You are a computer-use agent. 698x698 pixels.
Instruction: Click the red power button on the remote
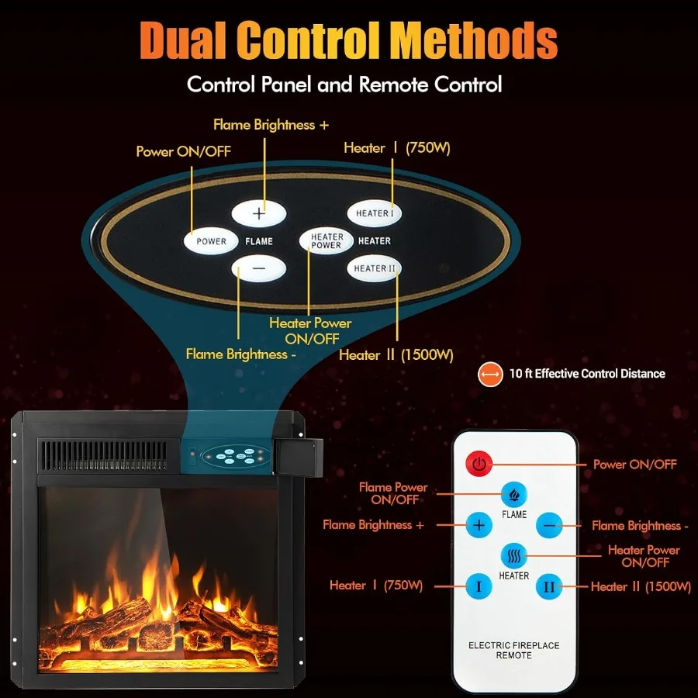pyautogui.click(x=479, y=465)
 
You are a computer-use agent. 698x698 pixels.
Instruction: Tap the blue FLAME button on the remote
pyautogui.click(x=513, y=493)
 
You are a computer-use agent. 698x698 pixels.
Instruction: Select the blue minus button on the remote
pyautogui.click(x=550, y=525)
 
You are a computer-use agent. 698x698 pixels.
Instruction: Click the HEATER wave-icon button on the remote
pyautogui.click(x=513, y=555)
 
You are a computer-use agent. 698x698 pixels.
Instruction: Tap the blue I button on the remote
pyautogui.click(x=479, y=586)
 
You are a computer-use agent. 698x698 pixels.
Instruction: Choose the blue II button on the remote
pyautogui.click(x=549, y=586)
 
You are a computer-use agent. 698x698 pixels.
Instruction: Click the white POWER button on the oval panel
pyautogui.click(x=211, y=241)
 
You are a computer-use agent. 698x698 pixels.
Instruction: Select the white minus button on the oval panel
pyautogui.click(x=259, y=268)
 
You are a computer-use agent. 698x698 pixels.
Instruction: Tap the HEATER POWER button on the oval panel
pyautogui.click(x=327, y=241)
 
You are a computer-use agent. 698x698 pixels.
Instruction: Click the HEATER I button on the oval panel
pyautogui.click(x=374, y=213)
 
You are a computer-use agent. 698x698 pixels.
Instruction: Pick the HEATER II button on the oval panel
pyautogui.click(x=375, y=268)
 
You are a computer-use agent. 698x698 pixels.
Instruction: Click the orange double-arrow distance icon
pyautogui.click(x=489, y=374)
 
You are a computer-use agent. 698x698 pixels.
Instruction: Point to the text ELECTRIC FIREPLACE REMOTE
pyautogui.click(x=513, y=650)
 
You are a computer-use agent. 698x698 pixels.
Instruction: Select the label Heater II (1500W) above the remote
pyautogui.click(x=396, y=354)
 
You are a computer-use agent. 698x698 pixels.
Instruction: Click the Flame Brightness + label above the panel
pyautogui.click(x=264, y=125)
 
